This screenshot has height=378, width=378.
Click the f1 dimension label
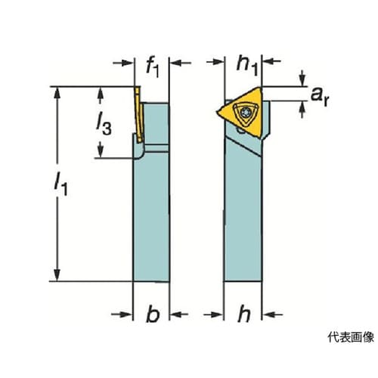coord(153,68)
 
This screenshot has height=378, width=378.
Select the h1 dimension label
coord(247,67)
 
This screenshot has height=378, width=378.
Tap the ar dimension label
coord(320,97)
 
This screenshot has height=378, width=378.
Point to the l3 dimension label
coord(104,125)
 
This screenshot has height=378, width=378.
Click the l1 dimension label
coord(61,184)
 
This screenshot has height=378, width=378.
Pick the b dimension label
coord(153,313)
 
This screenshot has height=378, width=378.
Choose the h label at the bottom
coord(244,313)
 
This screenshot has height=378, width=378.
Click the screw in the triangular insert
coord(245,112)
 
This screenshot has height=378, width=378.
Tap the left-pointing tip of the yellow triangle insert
coord(217,112)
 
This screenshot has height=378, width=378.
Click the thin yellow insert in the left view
coord(139,115)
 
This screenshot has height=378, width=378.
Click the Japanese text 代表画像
coord(351,337)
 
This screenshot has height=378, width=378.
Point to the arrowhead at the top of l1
coord(57,93)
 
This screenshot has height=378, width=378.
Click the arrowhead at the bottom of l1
coord(57,274)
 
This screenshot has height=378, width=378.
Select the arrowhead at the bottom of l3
coord(101,152)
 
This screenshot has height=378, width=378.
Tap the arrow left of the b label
coord(122,314)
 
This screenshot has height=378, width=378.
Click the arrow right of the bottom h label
coord(273,314)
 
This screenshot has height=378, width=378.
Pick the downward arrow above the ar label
coord(302,78)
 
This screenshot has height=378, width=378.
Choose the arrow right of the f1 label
coord(181,63)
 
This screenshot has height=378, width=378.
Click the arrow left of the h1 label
coord(215,61)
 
